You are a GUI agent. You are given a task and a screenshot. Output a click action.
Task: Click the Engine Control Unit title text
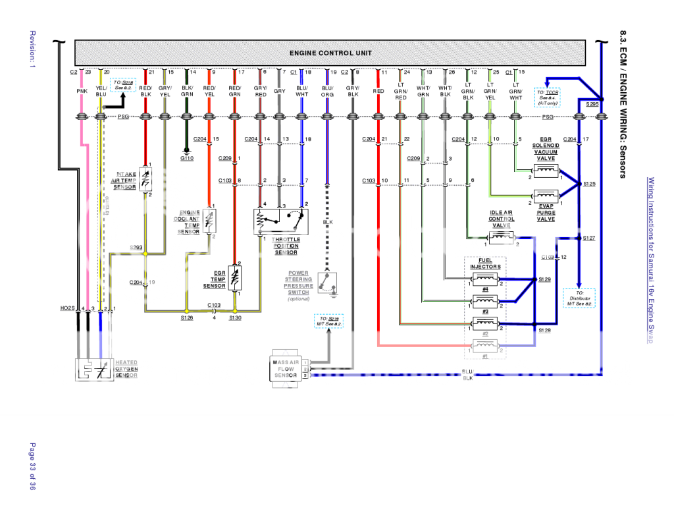point(330,53)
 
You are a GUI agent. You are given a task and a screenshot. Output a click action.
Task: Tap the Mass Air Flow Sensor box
point(285,369)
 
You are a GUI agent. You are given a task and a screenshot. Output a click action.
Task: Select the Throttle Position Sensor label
point(286,246)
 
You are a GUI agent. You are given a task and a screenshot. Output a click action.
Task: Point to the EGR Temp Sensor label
point(215,279)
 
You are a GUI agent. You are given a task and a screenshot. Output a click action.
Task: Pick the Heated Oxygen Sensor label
point(126,369)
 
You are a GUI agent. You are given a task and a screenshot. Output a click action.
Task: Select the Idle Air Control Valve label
point(501,219)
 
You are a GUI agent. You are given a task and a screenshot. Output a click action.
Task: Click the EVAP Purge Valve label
point(546,213)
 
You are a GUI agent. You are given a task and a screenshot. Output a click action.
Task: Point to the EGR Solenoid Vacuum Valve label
point(546,149)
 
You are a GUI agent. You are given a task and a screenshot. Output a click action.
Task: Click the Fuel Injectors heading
point(485,263)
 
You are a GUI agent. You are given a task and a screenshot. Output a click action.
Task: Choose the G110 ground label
point(187,158)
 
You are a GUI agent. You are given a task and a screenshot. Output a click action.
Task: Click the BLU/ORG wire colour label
point(327,92)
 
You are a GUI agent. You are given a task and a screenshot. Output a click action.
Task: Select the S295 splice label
point(592,104)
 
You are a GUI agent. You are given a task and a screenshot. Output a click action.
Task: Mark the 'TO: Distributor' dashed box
point(579,298)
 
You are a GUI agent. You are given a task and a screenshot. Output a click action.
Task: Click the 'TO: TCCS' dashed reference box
point(546,97)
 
